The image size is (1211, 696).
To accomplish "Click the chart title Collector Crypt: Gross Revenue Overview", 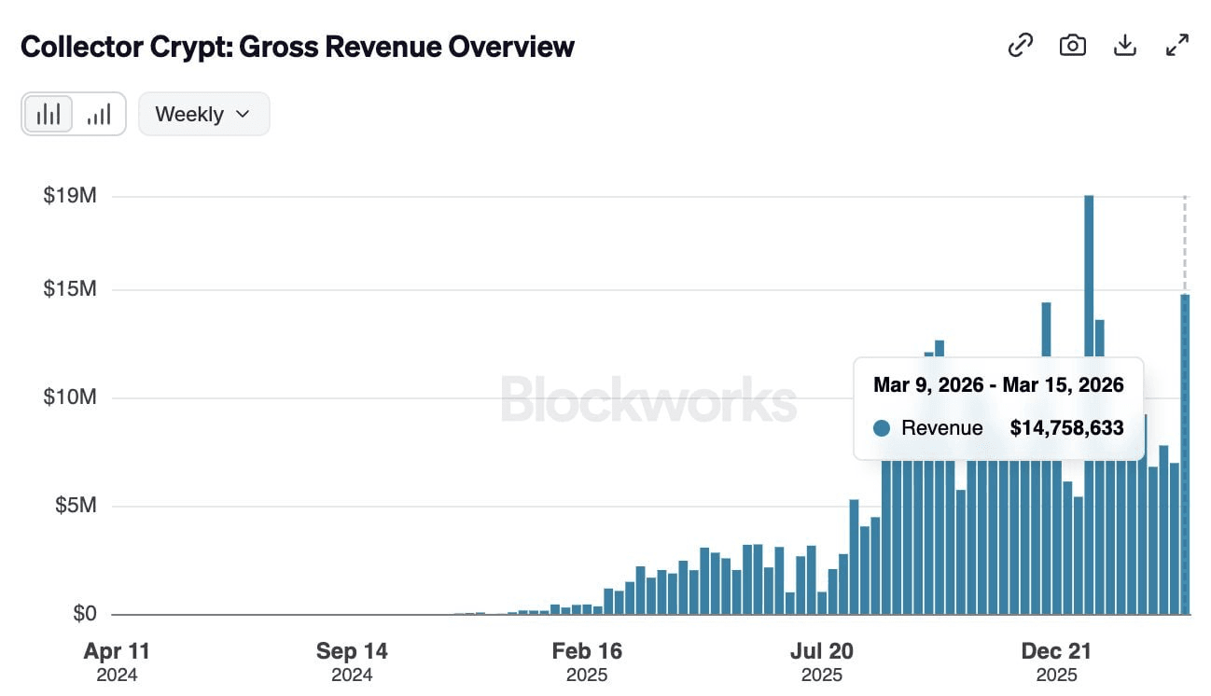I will point(297,47).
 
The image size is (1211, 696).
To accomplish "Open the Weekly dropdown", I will point(203,114).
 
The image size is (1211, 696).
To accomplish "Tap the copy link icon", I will point(1021,45).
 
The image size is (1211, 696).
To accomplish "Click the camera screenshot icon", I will point(1073,45).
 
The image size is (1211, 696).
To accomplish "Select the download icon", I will point(1125,45).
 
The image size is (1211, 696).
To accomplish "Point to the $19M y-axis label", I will point(70,197).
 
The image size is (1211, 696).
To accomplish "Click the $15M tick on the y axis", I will point(70,290).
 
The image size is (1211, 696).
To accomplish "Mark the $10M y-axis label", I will point(70,398).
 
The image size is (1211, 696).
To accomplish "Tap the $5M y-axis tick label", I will point(75,507).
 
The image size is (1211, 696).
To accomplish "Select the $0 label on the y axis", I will point(84,615).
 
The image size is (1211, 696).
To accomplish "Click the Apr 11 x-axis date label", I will point(117,651).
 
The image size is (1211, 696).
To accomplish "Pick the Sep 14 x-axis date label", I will point(352,651).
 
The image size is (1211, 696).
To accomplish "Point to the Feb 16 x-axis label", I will point(587,651).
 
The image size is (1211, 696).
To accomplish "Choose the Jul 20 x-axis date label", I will point(822,651).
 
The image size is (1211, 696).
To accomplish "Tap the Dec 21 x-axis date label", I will point(1057,651).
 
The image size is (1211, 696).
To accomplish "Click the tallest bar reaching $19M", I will point(1089,280).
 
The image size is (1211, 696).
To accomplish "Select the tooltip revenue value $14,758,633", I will point(1066,428).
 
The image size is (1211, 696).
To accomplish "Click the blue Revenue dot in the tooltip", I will point(882,428).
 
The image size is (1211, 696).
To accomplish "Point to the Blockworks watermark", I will point(648,399).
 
